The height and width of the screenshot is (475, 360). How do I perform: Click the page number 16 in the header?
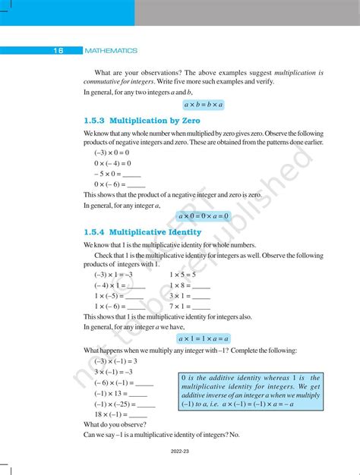(x=58, y=51)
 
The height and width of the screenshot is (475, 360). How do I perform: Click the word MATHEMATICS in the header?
(x=111, y=51)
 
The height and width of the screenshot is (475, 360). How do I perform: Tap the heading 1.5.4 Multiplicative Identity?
(x=142, y=232)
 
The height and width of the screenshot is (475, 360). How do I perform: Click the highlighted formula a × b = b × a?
(x=209, y=105)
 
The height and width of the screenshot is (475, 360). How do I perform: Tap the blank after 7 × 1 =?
(x=201, y=307)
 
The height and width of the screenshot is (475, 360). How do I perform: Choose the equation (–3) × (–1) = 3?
(x=115, y=361)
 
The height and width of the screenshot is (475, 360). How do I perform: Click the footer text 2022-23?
(x=180, y=459)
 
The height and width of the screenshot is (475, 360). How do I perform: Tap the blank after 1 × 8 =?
(x=201, y=285)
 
